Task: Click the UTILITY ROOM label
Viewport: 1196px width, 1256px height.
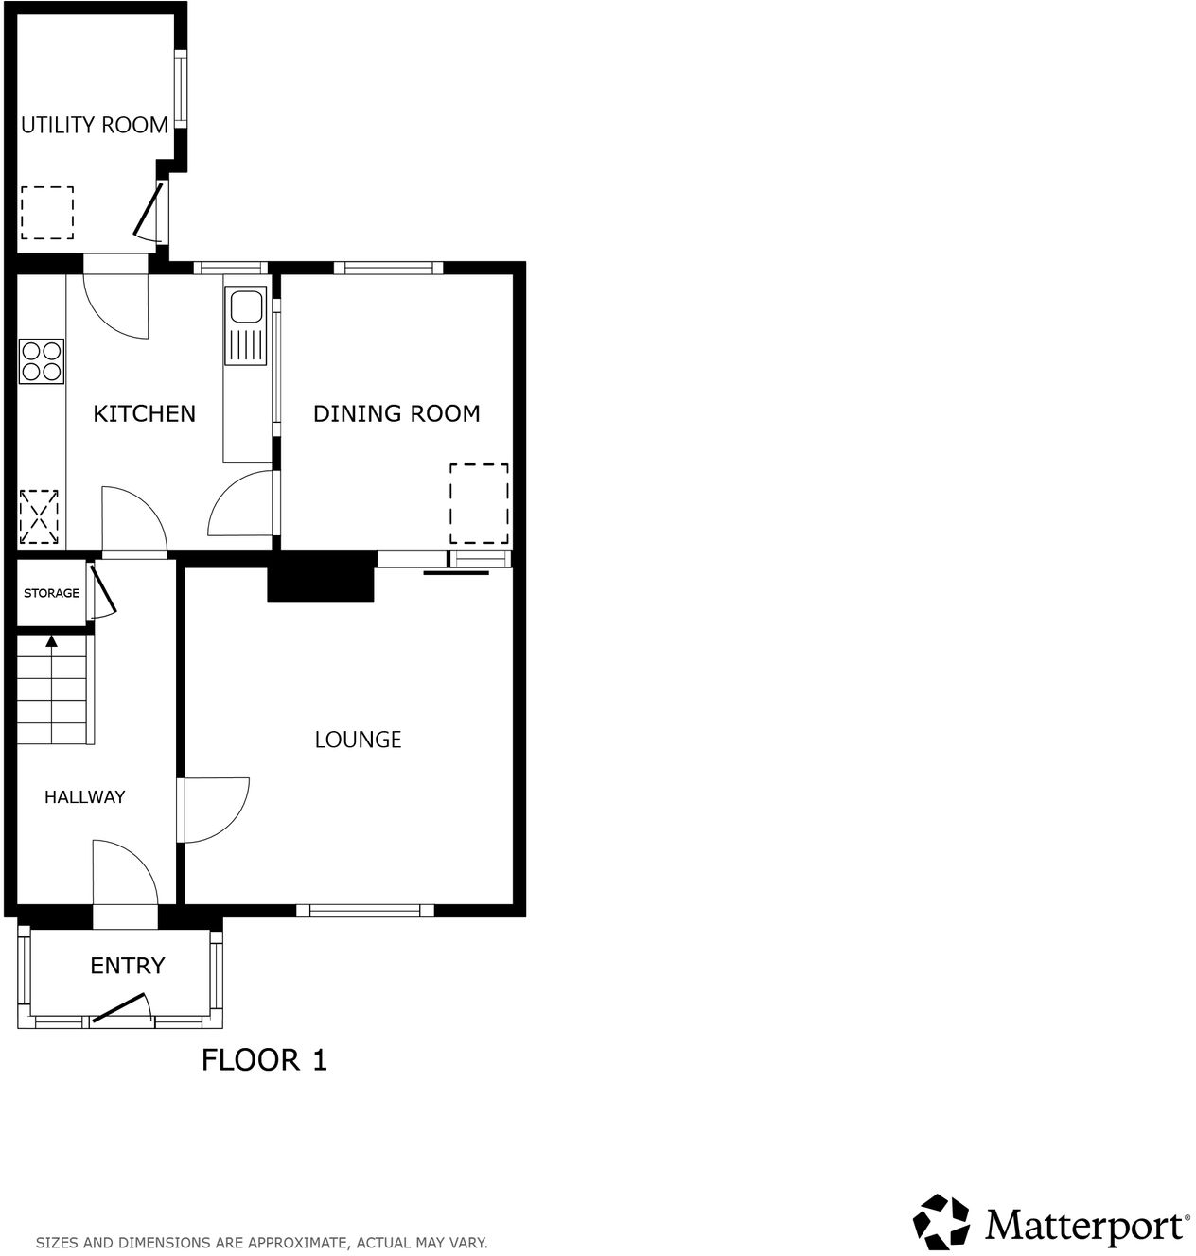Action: point(95,125)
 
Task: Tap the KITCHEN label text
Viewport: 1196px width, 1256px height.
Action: point(144,413)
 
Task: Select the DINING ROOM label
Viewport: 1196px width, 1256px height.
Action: point(396,413)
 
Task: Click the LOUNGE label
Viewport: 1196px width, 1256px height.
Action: point(358,740)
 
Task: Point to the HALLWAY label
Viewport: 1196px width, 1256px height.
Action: point(84,797)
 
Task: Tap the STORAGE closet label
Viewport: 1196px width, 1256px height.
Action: point(51,593)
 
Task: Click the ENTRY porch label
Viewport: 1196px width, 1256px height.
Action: point(127,966)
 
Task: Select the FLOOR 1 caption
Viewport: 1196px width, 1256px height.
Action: point(264,1060)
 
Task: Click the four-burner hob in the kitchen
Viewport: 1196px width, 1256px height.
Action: point(42,361)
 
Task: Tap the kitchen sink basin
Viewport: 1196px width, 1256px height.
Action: point(247,308)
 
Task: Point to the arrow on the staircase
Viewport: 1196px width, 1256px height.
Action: point(51,642)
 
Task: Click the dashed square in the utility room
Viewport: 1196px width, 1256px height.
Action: point(47,213)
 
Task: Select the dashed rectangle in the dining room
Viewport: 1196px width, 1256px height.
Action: point(479,503)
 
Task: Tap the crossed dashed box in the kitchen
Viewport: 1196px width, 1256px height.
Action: point(39,516)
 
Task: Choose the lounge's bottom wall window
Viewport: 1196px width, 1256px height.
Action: point(364,911)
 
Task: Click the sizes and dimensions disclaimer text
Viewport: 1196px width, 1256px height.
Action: point(261,1242)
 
